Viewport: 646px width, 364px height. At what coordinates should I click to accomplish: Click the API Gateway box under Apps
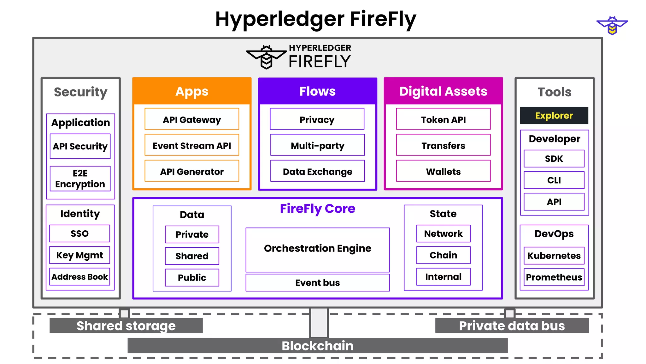pos(192,119)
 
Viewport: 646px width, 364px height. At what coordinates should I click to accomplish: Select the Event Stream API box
pos(192,145)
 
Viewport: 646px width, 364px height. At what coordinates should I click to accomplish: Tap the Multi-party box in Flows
pos(317,145)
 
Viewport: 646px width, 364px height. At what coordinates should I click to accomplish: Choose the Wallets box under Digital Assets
pos(443,171)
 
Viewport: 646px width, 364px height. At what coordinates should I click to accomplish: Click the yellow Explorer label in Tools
pos(554,115)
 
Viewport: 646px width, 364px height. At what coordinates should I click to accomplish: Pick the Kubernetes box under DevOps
pos(554,255)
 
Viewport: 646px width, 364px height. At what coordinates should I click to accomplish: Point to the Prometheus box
pos(554,277)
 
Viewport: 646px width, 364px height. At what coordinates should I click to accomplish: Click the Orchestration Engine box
pos(317,249)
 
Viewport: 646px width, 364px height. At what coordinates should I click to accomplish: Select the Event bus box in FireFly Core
pos(317,282)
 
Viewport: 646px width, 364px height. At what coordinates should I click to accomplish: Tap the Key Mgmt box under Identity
pos(79,255)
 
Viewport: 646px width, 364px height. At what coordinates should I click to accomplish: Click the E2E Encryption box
pos(80,179)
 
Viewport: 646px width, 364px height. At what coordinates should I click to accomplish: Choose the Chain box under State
pos(443,255)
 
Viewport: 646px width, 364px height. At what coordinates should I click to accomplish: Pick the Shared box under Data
pos(192,256)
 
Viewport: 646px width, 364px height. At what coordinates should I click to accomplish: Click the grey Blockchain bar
pos(317,345)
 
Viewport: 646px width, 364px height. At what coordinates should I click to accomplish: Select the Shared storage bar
pos(126,325)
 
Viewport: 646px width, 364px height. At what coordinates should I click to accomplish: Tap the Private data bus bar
pos(512,325)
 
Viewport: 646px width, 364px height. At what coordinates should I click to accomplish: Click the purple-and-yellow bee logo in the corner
pos(612,25)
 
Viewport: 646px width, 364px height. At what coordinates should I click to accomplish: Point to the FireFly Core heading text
pos(317,209)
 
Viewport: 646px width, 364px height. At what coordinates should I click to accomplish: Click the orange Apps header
pos(192,91)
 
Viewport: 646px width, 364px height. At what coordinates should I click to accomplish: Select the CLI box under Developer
pos(554,180)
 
